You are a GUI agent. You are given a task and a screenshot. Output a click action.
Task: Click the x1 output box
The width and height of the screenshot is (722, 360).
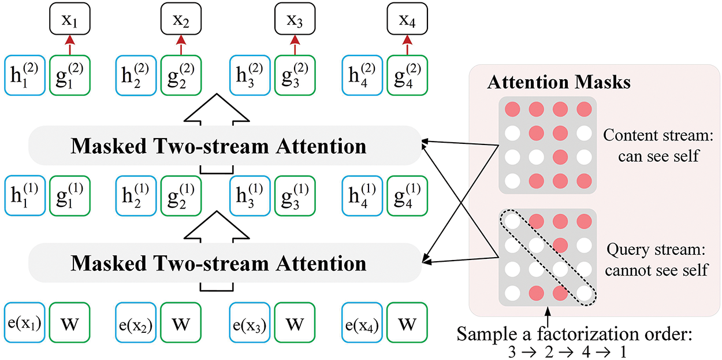pyautogui.click(x=70, y=18)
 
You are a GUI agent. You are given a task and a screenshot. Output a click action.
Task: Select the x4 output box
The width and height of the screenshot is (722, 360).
pyautogui.click(x=407, y=18)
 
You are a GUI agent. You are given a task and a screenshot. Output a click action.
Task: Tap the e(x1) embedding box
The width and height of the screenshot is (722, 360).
pyautogui.click(x=24, y=322)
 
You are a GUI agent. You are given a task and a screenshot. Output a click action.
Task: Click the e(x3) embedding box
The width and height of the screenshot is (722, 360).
pyautogui.click(x=250, y=322)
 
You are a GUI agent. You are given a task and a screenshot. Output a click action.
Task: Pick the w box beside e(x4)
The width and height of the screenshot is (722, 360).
pyautogui.click(x=407, y=322)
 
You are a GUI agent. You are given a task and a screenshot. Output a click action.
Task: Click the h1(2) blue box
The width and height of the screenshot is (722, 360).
pyautogui.click(x=24, y=75)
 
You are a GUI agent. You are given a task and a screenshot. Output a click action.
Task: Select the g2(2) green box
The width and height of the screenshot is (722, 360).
pyautogui.click(x=181, y=75)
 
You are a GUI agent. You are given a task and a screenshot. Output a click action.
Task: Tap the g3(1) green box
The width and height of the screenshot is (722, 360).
pyautogui.click(x=295, y=195)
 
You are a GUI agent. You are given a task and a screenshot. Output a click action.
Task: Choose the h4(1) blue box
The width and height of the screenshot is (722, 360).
pyautogui.click(x=362, y=195)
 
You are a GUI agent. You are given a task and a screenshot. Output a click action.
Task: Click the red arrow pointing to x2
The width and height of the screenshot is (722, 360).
pyautogui.click(x=181, y=45)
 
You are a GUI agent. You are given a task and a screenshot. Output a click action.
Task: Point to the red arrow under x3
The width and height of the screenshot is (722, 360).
pyautogui.click(x=295, y=45)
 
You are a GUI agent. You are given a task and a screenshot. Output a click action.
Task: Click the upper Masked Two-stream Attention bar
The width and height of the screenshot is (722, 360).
pyautogui.click(x=225, y=146)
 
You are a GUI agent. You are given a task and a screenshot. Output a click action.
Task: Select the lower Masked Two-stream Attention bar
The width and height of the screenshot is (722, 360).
pyautogui.click(x=225, y=263)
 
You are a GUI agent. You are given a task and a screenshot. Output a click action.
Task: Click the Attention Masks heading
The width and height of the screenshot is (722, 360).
pyautogui.click(x=559, y=82)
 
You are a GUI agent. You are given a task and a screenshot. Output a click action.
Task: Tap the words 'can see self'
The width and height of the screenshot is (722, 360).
pyautogui.click(x=658, y=156)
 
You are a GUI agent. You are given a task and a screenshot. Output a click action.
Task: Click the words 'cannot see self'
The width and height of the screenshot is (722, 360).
pyautogui.click(x=656, y=270)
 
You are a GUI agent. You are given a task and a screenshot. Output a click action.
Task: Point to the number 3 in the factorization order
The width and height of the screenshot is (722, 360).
pyautogui.click(x=512, y=351)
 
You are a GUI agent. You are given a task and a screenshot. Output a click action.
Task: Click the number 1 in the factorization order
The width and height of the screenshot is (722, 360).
pyautogui.click(x=623, y=351)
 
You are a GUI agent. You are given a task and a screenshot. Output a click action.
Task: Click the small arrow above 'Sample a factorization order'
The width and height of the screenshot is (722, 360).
pyautogui.click(x=548, y=317)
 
